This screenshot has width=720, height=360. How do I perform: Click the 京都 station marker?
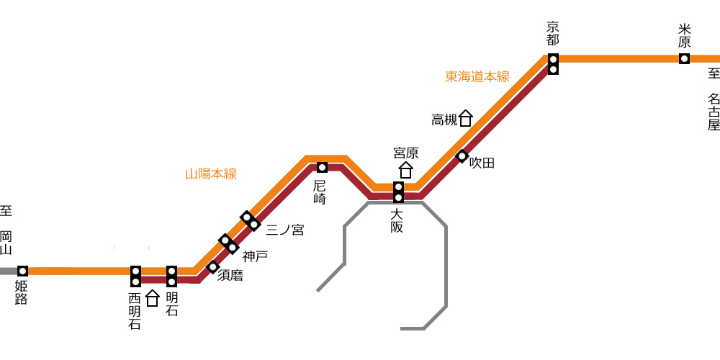click(x=553, y=64)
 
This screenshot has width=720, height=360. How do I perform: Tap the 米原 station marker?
click(x=684, y=59)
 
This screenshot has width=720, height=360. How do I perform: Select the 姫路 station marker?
click(x=22, y=271)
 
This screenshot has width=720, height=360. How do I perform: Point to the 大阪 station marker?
click(x=399, y=192)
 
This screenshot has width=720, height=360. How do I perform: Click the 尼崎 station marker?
click(x=323, y=168)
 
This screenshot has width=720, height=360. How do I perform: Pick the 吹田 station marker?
click(x=462, y=156)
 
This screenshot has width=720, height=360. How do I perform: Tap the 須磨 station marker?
click(x=212, y=266)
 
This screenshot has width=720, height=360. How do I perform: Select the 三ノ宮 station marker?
click(x=251, y=221)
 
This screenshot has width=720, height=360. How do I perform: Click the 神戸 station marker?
click(x=229, y=243)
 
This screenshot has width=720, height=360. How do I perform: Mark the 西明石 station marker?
click(x=135, y=276)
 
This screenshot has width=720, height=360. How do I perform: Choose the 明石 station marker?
click(x=172, y=276)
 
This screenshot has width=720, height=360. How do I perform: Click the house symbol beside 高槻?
click(x=466, y=118)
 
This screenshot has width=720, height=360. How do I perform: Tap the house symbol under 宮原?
click(x=405, y=170)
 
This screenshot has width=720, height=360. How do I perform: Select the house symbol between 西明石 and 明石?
click(x=153, y=298)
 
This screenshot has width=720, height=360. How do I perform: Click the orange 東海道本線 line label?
click(x=477, y=77)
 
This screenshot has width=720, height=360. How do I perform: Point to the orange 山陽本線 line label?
click(x=211, y=174)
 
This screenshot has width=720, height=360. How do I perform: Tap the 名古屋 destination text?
click(x=714, y=112)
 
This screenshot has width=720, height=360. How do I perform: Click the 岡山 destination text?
click(x=6, y=243)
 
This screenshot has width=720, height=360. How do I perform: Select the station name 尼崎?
click(x=320, y=192)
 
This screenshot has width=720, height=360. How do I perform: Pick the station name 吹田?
click(x=482, y=163)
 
